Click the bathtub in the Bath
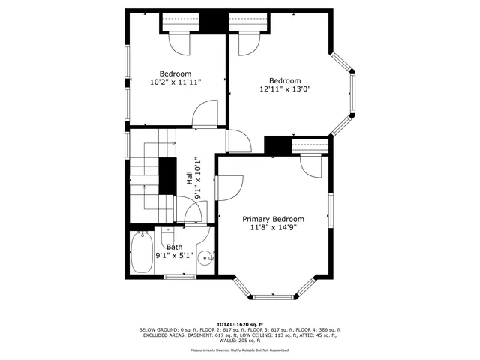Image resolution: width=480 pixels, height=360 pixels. (140, 253)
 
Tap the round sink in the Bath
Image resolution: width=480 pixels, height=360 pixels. (205, 259)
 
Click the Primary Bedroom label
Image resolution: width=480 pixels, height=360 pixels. (272, 219)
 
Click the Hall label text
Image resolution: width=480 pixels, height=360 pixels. (188, 178)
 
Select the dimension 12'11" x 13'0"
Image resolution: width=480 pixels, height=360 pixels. (285, 89)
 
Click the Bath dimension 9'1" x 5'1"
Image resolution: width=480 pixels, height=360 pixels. (174, 255)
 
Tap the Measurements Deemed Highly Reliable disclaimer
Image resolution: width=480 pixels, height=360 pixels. (240, 349)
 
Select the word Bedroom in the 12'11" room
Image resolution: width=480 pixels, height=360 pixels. (285, 81)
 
